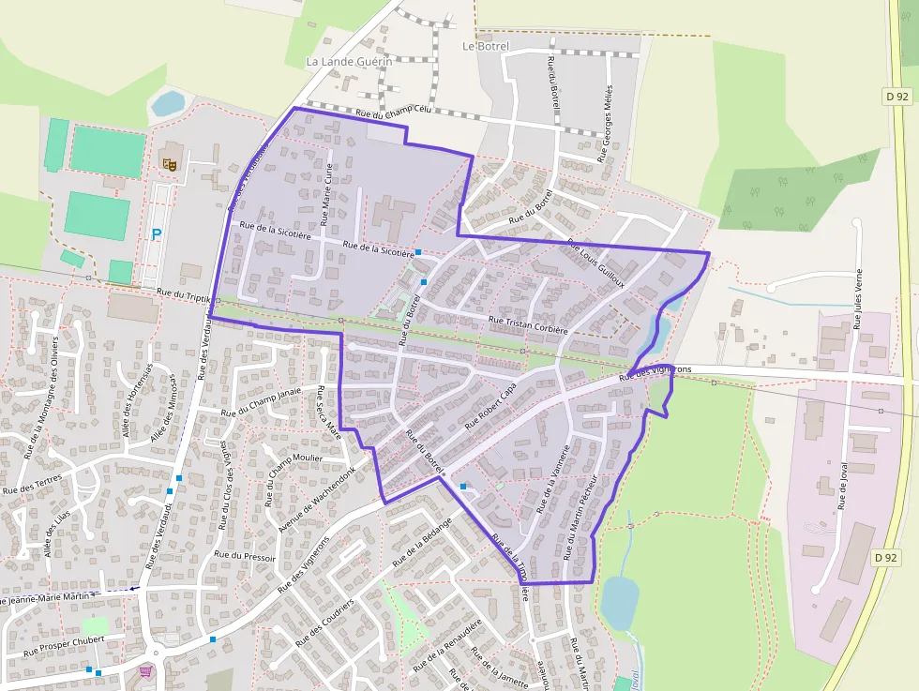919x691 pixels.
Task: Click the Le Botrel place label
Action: coord(486,46)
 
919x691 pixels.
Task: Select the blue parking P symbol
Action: coord(157,234)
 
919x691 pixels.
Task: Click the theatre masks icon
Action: coord(171,163)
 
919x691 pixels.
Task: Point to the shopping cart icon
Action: coord(145,671)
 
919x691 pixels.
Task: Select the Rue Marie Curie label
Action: coord(327,194)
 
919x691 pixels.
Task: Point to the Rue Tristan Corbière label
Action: coord(529,324)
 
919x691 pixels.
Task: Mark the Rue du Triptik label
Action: coord(184,293)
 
